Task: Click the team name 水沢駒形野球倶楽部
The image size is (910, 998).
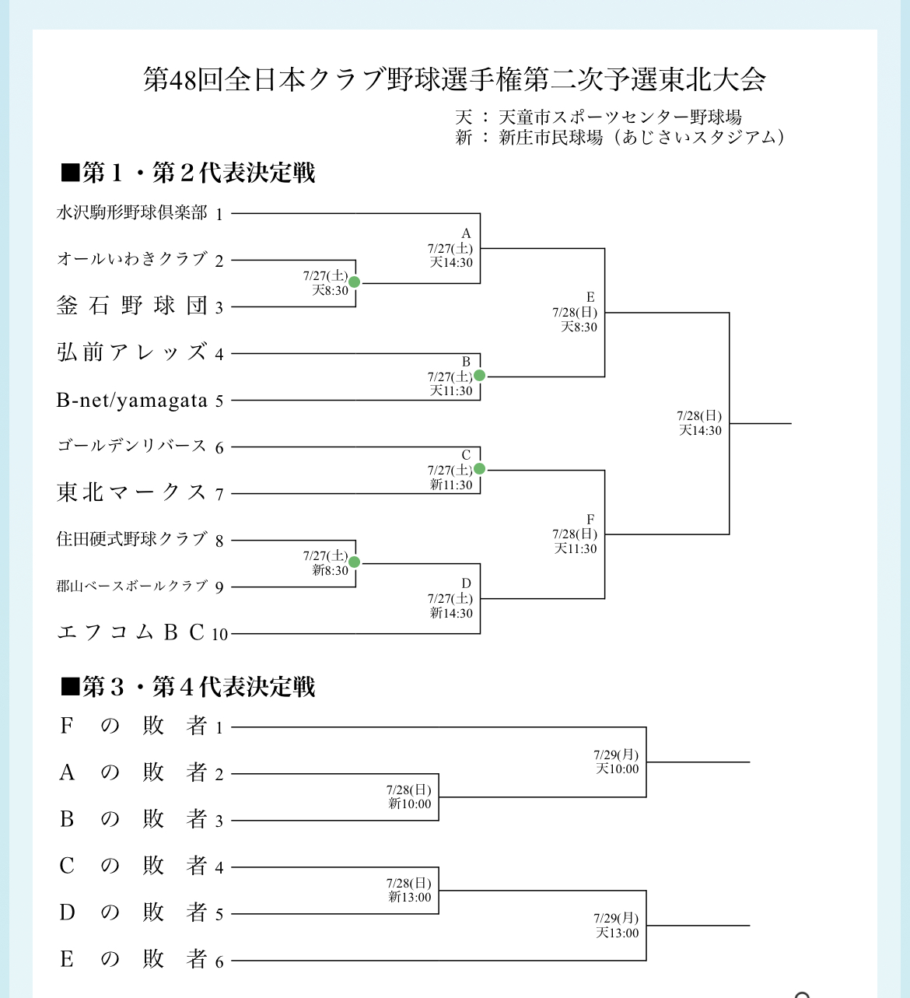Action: coord(132,213)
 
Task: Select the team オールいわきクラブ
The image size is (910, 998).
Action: coord(132,259)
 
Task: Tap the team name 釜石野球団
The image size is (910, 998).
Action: coord(132,306)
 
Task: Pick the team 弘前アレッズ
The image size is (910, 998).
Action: coord(132,352)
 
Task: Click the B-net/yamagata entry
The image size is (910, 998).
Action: coord(132,401)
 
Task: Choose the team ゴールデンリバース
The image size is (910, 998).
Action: coord(132,446)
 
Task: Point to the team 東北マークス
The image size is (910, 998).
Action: coord(132,492)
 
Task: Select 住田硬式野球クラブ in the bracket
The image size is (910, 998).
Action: coord(132,539)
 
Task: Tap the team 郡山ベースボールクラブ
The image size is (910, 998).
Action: coord(132,586)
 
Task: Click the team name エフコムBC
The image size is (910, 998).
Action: coord(132,632)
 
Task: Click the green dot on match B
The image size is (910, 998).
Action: coord(479,376)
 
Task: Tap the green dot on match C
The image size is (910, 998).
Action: coord(479,469)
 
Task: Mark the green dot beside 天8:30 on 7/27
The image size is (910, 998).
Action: coord(355,282)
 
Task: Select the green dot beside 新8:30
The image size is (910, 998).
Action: coord(355,562)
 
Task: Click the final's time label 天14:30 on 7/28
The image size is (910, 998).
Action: coord(700,430)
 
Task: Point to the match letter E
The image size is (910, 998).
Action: coord(590,297)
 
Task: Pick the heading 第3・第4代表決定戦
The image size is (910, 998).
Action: coord(188,687)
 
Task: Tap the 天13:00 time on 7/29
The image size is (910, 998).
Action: coord(617,933)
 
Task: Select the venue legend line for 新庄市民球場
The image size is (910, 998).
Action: coord(619,138)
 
